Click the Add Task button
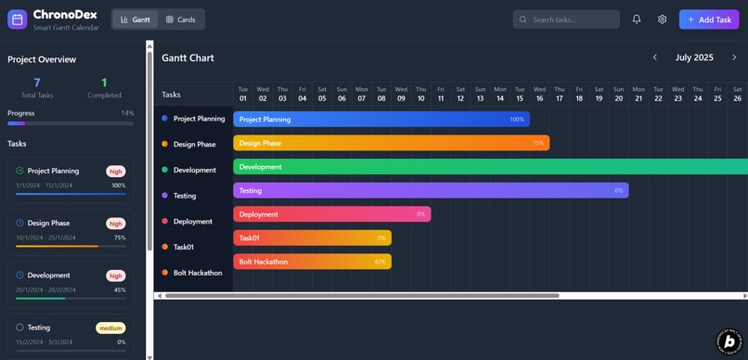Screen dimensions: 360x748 708,19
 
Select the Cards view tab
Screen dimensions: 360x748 180,19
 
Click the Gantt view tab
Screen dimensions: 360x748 135,19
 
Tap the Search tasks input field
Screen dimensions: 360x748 566,19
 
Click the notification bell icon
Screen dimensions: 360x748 637,19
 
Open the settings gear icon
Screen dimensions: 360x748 662,19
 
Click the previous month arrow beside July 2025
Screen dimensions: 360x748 654,58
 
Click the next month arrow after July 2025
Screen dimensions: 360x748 734,58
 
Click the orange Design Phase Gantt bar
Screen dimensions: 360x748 391,143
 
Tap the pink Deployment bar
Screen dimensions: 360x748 331,214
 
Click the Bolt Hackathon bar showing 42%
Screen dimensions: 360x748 312,262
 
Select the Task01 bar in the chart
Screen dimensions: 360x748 312,238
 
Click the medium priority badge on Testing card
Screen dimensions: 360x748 110,328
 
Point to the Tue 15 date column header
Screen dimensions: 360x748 520,94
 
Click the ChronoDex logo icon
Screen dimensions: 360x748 17,19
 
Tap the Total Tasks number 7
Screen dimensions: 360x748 37,83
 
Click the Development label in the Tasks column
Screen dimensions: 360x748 194,170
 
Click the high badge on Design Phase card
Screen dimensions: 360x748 115,224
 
